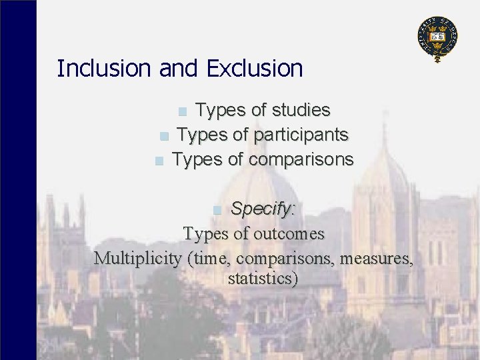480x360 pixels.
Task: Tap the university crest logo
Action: (x=437, y=37)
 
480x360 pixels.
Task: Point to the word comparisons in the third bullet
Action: (x=301, y=160)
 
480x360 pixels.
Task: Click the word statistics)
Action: (x=262, y=278)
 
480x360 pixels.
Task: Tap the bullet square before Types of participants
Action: (x=164, y=136)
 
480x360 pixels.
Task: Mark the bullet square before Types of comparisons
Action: (x=158, y=161)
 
